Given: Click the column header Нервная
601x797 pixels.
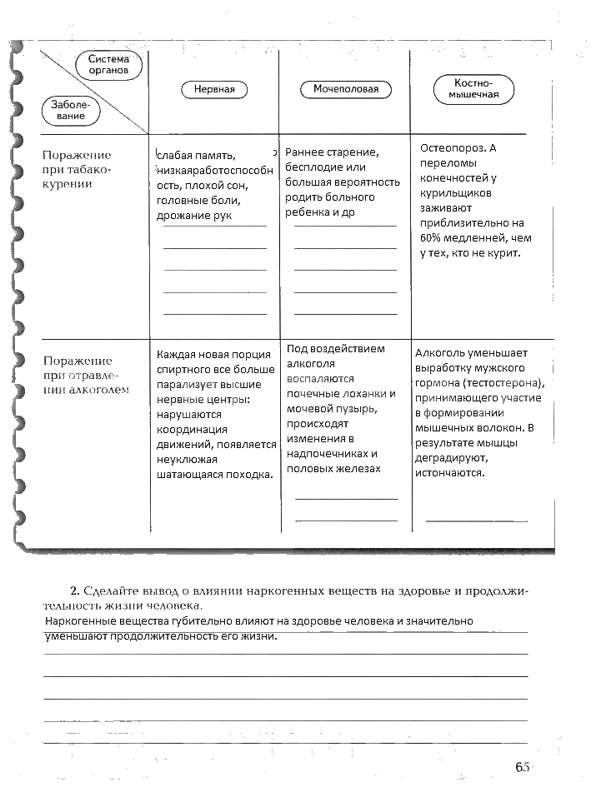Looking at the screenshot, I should (x=214, y=89).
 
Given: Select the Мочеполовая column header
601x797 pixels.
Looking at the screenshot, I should (x=346, y=89).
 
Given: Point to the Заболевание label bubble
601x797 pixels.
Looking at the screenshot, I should (x=71, y=111).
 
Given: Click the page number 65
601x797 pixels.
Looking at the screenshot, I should (x=523, y=768).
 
